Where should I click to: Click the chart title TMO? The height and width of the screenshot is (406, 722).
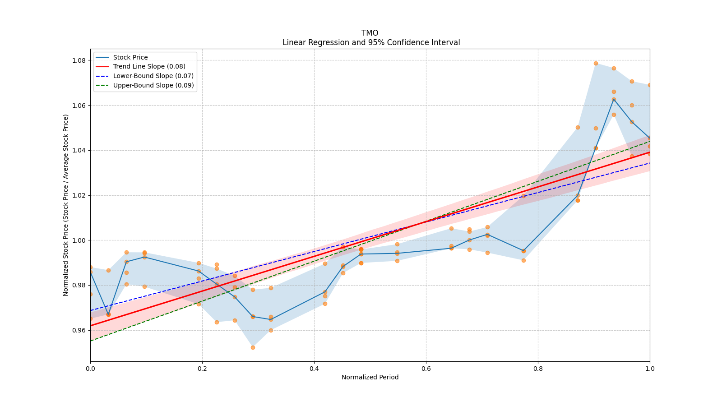coord(370,33)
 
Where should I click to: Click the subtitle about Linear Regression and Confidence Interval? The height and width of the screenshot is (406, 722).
coord(371,42)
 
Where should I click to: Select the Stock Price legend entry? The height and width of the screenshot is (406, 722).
coord(130,57)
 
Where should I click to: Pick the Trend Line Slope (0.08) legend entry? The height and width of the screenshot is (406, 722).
coord(149,66)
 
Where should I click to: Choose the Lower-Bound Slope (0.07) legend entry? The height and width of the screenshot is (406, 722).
coord(153,76)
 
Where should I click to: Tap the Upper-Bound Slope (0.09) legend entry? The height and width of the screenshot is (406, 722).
coord(153,85)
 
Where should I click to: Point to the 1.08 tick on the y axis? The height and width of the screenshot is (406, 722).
coord(79,60)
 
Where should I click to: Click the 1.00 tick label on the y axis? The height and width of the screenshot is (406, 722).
coord(79,240)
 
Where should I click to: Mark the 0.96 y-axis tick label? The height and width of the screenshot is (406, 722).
coord(79,330)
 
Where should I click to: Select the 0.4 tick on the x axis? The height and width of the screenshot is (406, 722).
coord(314,369)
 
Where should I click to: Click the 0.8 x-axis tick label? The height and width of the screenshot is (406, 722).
coord(538,369)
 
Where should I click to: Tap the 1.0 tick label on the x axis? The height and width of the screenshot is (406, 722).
coord(650,369)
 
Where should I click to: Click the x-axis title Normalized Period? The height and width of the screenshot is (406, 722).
coord(370,377)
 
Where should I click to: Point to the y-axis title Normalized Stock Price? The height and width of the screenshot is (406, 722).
coord(66,205)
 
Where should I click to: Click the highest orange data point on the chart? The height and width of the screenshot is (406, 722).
coord(596,63)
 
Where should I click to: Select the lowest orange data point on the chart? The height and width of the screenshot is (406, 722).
coord(253,347)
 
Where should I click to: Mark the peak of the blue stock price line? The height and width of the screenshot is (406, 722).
coord(614,99)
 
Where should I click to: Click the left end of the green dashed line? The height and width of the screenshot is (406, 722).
coord(91,341)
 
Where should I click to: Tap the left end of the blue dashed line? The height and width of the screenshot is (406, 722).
coord(91,310)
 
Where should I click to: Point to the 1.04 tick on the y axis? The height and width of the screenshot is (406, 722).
coord(79,150)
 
